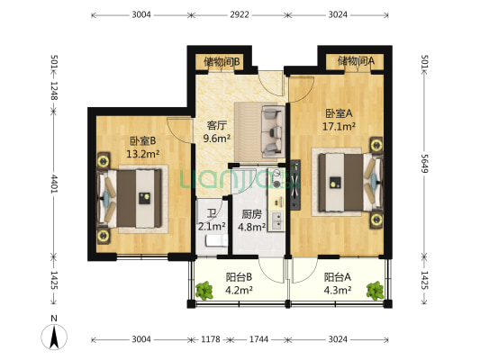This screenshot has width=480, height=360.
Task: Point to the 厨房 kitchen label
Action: click(252, 215)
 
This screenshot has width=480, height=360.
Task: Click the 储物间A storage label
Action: click(356, 61)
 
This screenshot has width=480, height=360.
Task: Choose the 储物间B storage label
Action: click(222, 61)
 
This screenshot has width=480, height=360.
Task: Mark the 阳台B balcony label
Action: click(239, 277)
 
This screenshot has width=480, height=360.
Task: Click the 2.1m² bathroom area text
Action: click(213, 226)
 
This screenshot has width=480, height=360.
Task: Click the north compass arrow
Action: click(55, 337)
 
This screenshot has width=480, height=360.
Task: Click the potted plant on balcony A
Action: click(374, 289)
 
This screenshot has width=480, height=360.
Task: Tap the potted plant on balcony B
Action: click(204, 290)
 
